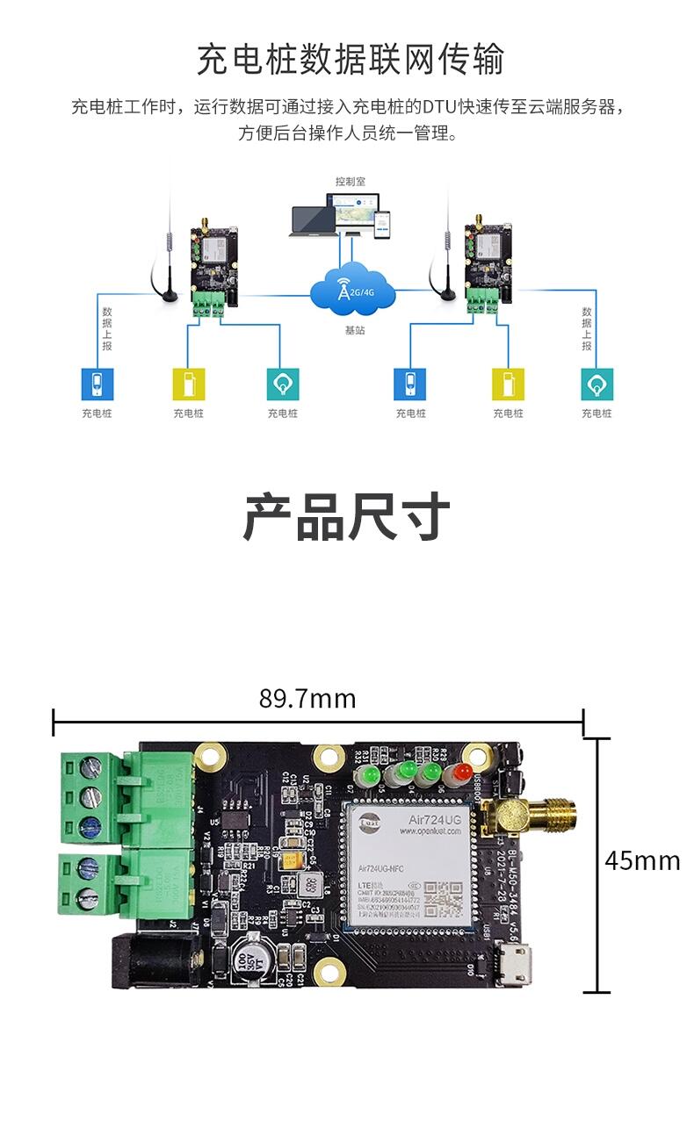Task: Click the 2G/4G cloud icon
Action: pos(352,286)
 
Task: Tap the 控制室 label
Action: pos(350,182)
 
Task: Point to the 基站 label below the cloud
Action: pos(354,331)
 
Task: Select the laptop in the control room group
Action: pos(314,220)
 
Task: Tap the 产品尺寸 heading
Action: pos(346,517)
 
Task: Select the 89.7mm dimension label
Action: pos(307,699)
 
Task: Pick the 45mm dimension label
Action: pos(642,860)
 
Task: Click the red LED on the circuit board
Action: pos(459,774)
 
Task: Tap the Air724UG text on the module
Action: pos(434,819)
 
